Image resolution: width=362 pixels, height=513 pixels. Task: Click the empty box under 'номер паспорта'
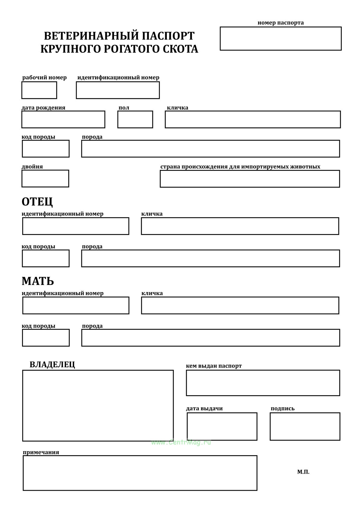click(281, 38)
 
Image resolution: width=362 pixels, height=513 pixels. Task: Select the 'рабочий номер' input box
click(39, 90)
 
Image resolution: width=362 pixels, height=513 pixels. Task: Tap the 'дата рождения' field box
click(63, 119)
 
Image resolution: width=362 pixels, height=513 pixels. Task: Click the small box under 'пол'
click(135, 119)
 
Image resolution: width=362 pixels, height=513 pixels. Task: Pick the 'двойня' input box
click(45, 178)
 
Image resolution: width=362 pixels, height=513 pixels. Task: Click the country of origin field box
click(250, 179)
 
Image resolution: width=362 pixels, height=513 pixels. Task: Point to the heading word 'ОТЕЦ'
click(37, 202)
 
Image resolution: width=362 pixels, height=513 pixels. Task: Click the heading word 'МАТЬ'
click(38, 281)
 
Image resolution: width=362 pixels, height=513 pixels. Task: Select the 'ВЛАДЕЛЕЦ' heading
click(52, 364)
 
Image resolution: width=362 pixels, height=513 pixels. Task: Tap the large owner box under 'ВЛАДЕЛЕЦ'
click(98, 405)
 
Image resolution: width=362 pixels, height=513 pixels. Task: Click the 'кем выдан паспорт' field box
click(263, 383)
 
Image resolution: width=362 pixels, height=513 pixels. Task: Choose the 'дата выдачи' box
click(222, 426)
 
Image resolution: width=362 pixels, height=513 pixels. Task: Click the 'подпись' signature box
click(305, 426)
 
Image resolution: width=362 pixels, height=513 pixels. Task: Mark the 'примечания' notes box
click(140, 473)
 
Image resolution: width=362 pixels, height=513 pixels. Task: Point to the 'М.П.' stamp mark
click(303, 472)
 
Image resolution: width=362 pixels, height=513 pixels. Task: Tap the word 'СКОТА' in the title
click(180, 49)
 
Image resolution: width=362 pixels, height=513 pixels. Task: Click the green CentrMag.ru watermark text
click(181, 442)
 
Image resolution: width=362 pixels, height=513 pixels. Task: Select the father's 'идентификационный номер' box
click(76, 226)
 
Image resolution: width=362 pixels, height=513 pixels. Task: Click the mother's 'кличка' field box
click(240, 305)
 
